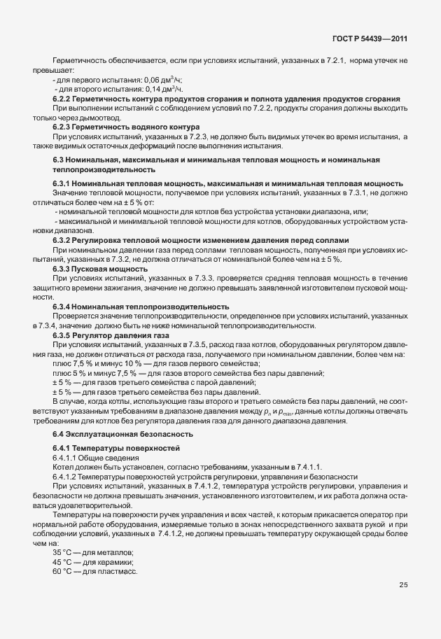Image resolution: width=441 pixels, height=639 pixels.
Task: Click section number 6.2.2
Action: click(x=64, y=99)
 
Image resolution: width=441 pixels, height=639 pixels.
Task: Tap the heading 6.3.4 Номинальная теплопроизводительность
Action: click(x=141, y=307)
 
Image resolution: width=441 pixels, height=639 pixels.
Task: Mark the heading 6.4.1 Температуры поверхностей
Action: click(x=116, y=447)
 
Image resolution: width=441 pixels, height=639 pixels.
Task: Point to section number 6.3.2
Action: click(x=64, y=240)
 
